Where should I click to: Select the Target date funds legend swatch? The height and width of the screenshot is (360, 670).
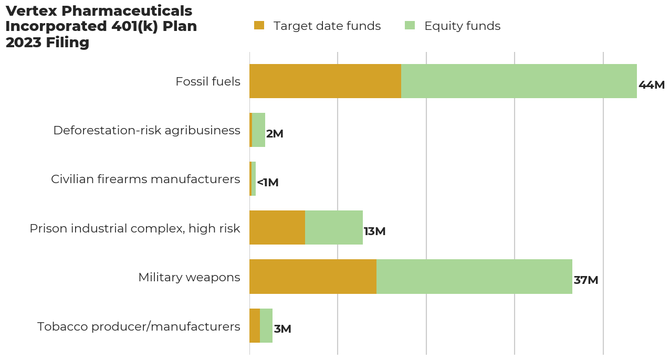259,26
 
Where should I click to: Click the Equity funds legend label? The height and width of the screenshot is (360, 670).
462,26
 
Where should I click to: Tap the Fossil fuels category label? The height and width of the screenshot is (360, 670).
207,82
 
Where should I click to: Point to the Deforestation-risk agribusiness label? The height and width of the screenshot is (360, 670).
146,131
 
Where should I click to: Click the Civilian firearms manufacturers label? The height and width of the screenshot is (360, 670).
145,179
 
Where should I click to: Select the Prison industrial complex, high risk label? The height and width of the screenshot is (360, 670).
134,229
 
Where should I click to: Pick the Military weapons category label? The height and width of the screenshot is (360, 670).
189,278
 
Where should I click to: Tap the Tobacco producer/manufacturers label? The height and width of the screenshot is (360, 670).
139,327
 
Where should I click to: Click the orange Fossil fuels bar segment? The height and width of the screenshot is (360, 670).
325,81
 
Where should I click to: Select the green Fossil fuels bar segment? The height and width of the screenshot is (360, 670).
519,81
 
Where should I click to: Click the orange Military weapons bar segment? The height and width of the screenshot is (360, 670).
313,277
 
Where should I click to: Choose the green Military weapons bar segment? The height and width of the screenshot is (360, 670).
474,277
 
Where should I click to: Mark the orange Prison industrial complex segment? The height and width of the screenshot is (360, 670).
277,228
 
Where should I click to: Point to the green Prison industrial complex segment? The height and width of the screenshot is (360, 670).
334,228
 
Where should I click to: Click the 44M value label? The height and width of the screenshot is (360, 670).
652,85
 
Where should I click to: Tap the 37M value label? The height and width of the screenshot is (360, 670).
586,280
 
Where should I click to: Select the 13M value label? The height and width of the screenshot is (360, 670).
374,231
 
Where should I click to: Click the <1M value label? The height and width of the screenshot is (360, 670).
267,183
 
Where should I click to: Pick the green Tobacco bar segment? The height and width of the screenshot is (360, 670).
266,326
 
